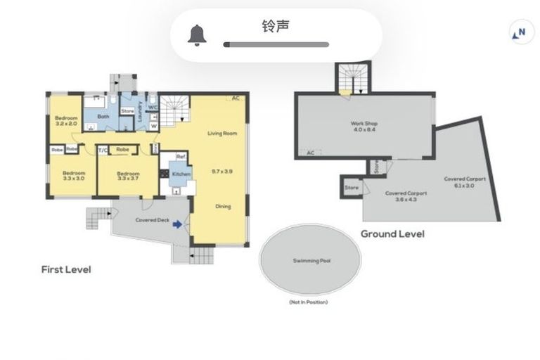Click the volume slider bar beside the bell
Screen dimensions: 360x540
pos(276,44)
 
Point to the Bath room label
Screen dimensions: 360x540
pos(103,117)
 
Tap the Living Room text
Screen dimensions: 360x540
pos(221,134)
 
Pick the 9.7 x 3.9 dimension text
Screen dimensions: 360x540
pos(221,171)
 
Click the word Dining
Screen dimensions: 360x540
pos(222,207)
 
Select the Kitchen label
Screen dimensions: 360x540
pos(181,173)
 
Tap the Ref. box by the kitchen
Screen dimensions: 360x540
pos(181,157)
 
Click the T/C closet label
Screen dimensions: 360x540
pos(103,150)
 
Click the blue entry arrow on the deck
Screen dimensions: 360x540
pos(177,224)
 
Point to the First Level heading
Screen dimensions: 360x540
pos(65,269)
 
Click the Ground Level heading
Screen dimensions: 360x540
pos(392,233)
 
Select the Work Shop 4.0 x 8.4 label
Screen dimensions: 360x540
pos(364,126)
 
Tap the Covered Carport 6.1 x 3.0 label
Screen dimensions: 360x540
pos(465,182)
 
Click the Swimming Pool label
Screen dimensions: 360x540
pos(311,261)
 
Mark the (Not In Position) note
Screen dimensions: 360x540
pos(308,302)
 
